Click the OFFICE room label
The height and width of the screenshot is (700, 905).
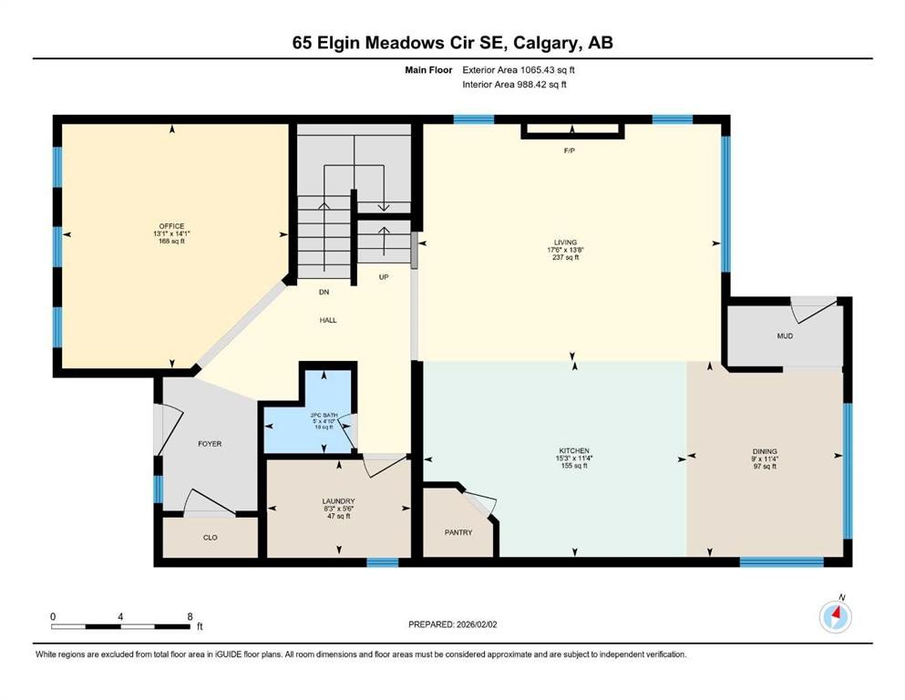pyautogui.click(x=171, y=226)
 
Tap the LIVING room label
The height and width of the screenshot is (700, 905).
pyautogui.click(x=566, y=242)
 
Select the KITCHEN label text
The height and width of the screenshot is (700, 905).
pyautogui.click(x=574, y=451)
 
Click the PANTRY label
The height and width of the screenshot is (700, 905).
pyautogui.click(x=458, y=532)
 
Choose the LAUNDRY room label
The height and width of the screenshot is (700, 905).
pyautogui.click(x=338, y=501)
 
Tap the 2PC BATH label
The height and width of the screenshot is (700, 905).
pyautogui.click(x=324, y=416)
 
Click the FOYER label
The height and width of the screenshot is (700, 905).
pyautogui.click(x=210, y=444)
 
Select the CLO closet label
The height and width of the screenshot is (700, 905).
pyautogui.click(x=210, y=538)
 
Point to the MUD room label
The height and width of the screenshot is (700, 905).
pyautogui.click(x=785, y=336)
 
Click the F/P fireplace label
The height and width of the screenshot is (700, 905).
pyautogui.click(x=570, y=149)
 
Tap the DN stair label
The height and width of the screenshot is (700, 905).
pyautogui.click(x=323, y=293)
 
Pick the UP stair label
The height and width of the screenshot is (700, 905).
pyautogui.click(x=384, y=276)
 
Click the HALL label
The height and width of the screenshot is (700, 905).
pyautogui.click(x=328, y=320)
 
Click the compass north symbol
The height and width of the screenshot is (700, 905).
pyautogui.click(x=836, y=617)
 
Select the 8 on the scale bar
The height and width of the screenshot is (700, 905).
pyautogui.click(x=190, y=616)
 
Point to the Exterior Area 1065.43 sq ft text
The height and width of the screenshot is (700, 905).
pyautogui.click(x=519, y=69)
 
